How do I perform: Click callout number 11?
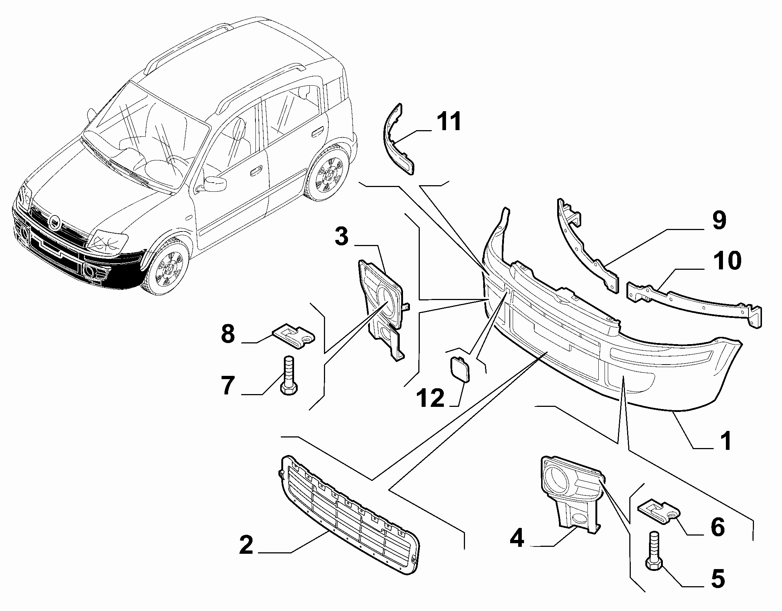(x=449, y=122)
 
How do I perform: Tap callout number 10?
(x=727, y=260)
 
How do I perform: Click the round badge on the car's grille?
(x=55, y=223)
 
